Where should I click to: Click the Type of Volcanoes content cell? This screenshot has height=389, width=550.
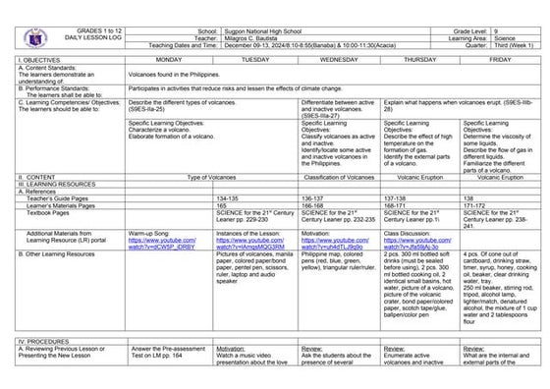pos(213,178)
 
